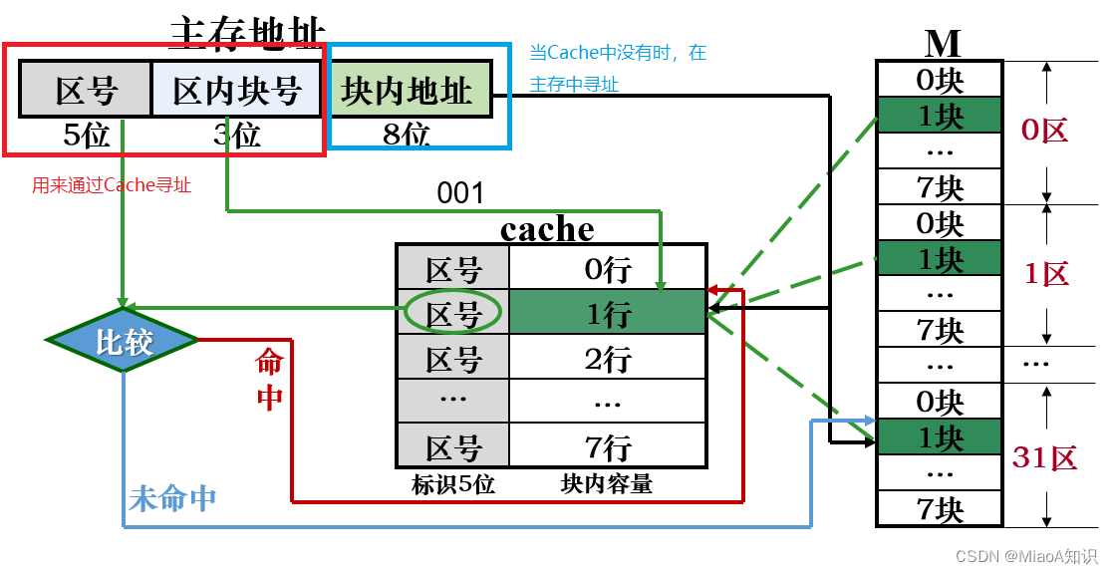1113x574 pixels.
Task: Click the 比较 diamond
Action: [123, 342]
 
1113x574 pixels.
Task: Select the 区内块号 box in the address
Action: [237, 92]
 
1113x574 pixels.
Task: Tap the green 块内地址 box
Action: [408, 91]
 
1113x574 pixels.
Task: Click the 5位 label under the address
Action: [86, 135]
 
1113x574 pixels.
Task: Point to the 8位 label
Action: [407, 135]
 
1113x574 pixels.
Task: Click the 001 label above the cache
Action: [460, 193]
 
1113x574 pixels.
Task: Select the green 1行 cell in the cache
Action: [608, 314]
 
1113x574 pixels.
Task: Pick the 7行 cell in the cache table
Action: [608, 445]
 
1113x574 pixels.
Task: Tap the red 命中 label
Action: [269, 379]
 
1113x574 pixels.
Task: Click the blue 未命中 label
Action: [172, 499]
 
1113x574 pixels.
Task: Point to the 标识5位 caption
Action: [453, 484]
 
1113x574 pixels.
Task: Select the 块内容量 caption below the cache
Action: [607, 484]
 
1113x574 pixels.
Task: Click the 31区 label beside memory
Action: [1045, 458]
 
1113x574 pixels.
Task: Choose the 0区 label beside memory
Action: [1045, 131]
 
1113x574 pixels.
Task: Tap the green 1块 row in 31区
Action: [940, 438]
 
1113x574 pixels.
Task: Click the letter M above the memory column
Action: [941, 43]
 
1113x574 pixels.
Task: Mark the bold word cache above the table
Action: [547, 229]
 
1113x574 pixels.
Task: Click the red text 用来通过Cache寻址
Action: [112, 185]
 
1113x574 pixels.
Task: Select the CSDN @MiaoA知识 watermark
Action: [1026, 556]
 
